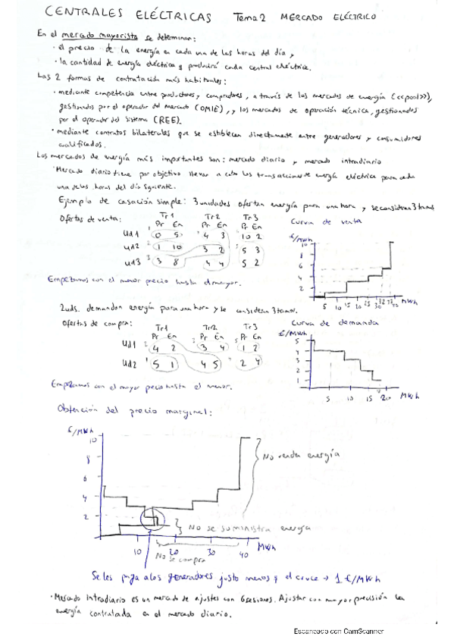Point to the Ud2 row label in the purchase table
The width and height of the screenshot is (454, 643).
(130, 363)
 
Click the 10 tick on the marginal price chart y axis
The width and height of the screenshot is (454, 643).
(93, 440)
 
